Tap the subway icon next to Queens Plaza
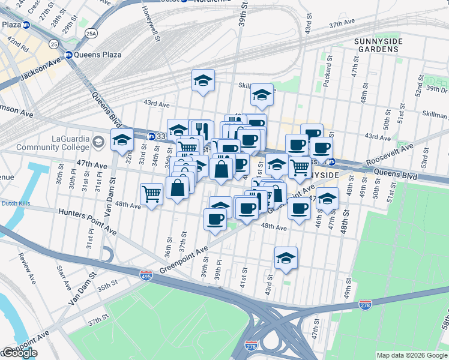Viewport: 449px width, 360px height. click(68, 55)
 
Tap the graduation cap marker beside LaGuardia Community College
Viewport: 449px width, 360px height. click(122, 141)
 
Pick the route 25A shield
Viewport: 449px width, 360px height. click(91, 34)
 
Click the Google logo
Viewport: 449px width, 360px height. click(20, 353)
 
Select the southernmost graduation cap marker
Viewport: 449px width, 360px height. click(286, 259)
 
